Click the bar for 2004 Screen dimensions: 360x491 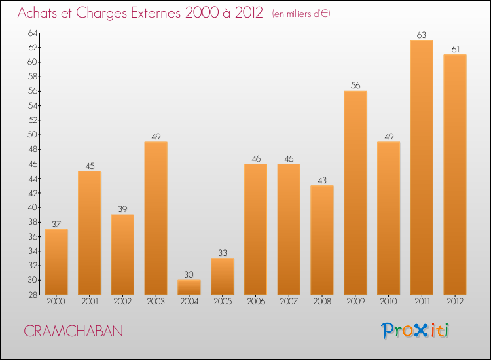189,287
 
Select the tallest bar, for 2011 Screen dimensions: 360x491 422,167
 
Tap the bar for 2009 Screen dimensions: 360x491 355,192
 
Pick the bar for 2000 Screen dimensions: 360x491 56,262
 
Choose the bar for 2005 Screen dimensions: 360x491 223,276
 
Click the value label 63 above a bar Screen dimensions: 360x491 422,35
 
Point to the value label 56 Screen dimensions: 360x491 355,86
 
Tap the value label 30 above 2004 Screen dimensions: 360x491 189,275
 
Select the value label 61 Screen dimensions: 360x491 455,49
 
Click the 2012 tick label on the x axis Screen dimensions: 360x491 455,301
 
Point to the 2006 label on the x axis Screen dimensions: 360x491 255,301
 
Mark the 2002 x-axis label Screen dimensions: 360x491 122,301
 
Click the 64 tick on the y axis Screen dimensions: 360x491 32,33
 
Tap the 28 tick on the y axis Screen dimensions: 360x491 32,295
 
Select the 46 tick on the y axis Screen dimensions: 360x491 32,164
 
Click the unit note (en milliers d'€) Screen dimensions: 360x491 301,14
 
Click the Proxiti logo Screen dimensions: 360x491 416,331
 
